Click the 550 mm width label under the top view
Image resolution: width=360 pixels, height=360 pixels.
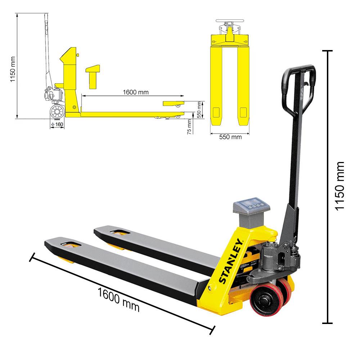[231, 137]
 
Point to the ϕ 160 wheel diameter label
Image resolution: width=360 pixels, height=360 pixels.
[57, 125]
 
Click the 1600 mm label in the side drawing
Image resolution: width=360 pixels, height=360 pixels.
[136, 92]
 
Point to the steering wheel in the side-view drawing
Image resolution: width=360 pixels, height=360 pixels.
[56, 111]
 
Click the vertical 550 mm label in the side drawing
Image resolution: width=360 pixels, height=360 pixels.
[199, 107]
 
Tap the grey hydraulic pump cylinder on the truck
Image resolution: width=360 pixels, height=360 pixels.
[273, 256]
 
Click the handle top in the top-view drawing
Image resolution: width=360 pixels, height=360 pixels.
[230, 22]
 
